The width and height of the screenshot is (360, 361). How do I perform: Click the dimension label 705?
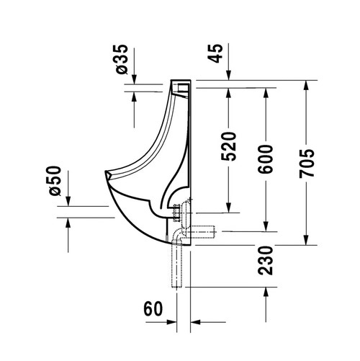[307, 164]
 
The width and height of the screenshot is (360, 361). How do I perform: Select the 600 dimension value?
[266, 159]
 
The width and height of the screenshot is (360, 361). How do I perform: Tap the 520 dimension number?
[228, 146]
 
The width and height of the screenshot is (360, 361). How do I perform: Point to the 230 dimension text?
[266, 260]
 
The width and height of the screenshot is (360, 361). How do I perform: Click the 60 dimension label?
[153, 309]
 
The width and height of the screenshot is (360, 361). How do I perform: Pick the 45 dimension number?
[215, 53]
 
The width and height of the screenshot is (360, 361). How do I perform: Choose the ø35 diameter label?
[122, 59]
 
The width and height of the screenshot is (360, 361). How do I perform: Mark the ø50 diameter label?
[55, 181]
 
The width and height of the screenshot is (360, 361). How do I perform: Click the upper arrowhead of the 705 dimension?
[306, 85]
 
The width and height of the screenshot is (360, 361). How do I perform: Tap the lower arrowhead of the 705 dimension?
[306, 240]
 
